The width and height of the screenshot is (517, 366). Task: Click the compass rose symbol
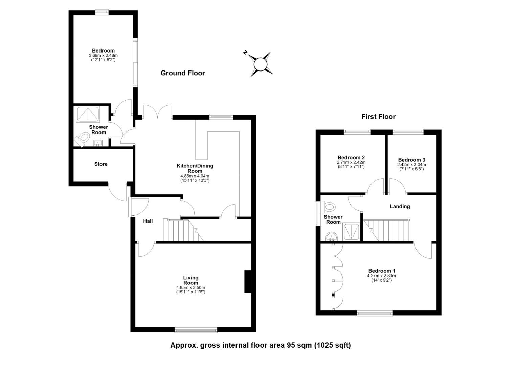point(260,64)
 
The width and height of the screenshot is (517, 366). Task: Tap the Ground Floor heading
point(183,73)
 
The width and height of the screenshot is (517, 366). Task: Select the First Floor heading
point(378,117)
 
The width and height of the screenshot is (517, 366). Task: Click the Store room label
point(101,164)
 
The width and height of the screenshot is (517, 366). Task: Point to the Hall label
point(148,221)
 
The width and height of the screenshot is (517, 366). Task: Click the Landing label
point(400,206)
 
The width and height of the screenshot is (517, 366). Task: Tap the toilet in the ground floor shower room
point(82,139)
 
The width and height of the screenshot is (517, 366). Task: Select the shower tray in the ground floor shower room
point(88,114)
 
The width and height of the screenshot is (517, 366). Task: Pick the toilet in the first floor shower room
point(328,207)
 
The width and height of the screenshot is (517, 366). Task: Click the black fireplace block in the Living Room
point(248,282)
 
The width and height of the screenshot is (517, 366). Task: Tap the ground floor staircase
point(183,230)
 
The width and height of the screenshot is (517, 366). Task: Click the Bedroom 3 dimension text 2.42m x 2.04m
point(411,165)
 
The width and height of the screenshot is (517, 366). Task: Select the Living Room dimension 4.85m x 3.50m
point(190,288)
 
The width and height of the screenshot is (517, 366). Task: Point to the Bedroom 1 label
point(382,271)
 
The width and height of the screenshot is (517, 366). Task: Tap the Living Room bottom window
point(196,330)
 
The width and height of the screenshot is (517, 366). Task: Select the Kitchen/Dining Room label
point(195,168)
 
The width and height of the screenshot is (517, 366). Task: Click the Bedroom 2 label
point(351,158)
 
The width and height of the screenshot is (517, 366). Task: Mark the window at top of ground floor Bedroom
point(102,12)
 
